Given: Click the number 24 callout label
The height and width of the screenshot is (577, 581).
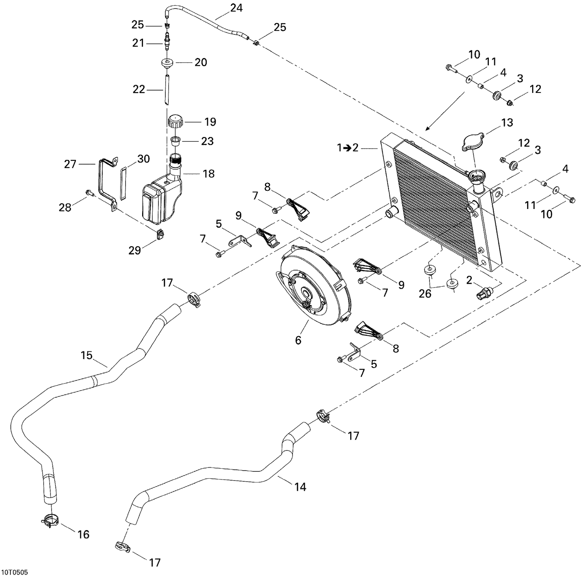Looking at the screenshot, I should (x=236, y=8).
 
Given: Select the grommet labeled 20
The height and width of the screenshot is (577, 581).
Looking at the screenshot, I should (x=168, y=63).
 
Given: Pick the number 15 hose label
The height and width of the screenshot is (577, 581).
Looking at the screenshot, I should (x=86, y=355).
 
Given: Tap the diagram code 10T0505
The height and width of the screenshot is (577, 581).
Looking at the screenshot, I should (x=17, y=572).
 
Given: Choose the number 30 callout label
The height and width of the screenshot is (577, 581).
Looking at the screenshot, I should (x=143, y=159).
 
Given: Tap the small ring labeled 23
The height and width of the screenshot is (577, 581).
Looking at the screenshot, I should (x=175, y=140).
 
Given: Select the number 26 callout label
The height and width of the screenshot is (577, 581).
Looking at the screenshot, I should (x=425, y=294).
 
